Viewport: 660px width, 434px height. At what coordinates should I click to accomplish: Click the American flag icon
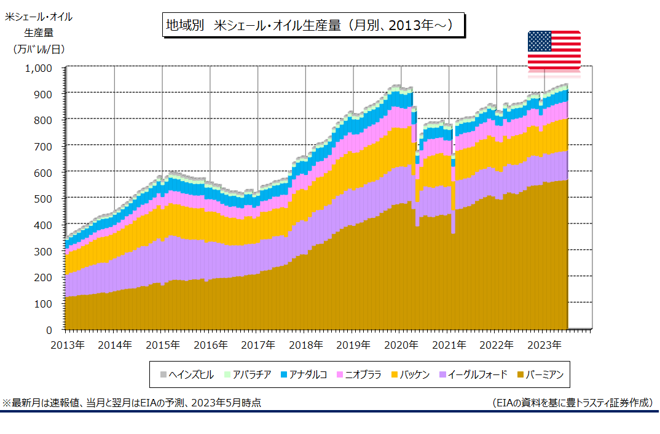tap(554, 50)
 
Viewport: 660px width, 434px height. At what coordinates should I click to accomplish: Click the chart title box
tap(313, 25)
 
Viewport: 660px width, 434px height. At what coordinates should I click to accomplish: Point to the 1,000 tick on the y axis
tap(39, 68)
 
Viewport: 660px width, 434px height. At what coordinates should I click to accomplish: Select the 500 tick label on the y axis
tap(43, 199)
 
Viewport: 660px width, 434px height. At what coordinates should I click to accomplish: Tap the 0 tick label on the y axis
tap(49, 330)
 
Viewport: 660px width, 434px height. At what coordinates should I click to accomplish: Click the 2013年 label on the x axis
tap(68, 345)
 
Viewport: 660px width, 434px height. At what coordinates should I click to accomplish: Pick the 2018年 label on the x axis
tap(306, 345)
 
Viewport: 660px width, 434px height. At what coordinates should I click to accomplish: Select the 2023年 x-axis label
tap(544, 345)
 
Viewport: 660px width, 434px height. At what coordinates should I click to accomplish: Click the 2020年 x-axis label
tap(401, 345)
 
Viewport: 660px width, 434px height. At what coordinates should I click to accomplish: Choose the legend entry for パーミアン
tap(540, 374)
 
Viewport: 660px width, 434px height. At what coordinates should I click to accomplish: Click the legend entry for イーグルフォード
tap(473, 374)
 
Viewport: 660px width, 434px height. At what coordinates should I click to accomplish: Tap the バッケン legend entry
tap(411, 374)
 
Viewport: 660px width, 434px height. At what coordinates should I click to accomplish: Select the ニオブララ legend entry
tap(359, 374)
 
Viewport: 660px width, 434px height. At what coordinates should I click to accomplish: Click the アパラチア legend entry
tap(248, 374)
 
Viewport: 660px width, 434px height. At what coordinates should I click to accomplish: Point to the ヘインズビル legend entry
tap(187, 374)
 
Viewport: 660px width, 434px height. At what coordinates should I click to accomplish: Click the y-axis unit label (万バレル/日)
tap(39, 49)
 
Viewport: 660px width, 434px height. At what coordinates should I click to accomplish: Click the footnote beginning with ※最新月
tap(132, 403)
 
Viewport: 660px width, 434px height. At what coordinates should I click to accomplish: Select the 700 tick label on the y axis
tap(43, 147)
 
